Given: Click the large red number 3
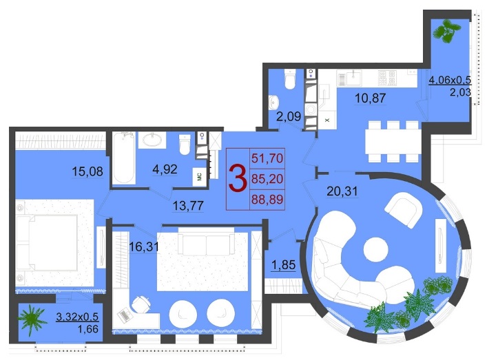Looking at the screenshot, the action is pyautogui.click(x=238, y=179).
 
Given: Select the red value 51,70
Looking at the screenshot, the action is pyautogui.click(x=267, y=158).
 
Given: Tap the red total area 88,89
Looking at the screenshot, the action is pyautogui.click(x=267, y=199).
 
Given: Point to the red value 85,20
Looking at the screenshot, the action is pyautogui.click(x=267, y=179).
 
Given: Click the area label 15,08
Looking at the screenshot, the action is pyautogui.click(x=87, y=171).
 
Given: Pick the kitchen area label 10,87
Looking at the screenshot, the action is pyautogui.click(x=370, y=98).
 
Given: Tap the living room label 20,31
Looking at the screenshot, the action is pyautogui.click(x=342, y=191).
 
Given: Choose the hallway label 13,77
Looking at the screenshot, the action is pyautogui.click(x=188, y=205).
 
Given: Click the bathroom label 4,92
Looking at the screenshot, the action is pyautogui.click(x=165, y=169).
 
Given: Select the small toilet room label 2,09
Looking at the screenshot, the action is pyautogui.click(x=289, y=116).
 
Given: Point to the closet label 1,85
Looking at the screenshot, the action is pyautogui.click(x=283, y=265).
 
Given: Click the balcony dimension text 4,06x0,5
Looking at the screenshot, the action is pyautogui.click(x=450, y=80).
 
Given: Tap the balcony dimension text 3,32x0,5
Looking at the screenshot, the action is pyautogui.click(x=77, y=317).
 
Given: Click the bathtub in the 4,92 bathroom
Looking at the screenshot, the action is pyautogui.click(x=123, y=158).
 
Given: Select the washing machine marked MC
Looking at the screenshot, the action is pyautogui.click(x=199, y=177).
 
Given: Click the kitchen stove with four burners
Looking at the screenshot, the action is pyautogui.click(x=387, y=78).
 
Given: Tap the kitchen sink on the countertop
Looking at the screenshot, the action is pyautogui.click(x=353, y=77).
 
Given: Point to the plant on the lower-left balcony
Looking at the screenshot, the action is pyautogui.click(x=32, y=319).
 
